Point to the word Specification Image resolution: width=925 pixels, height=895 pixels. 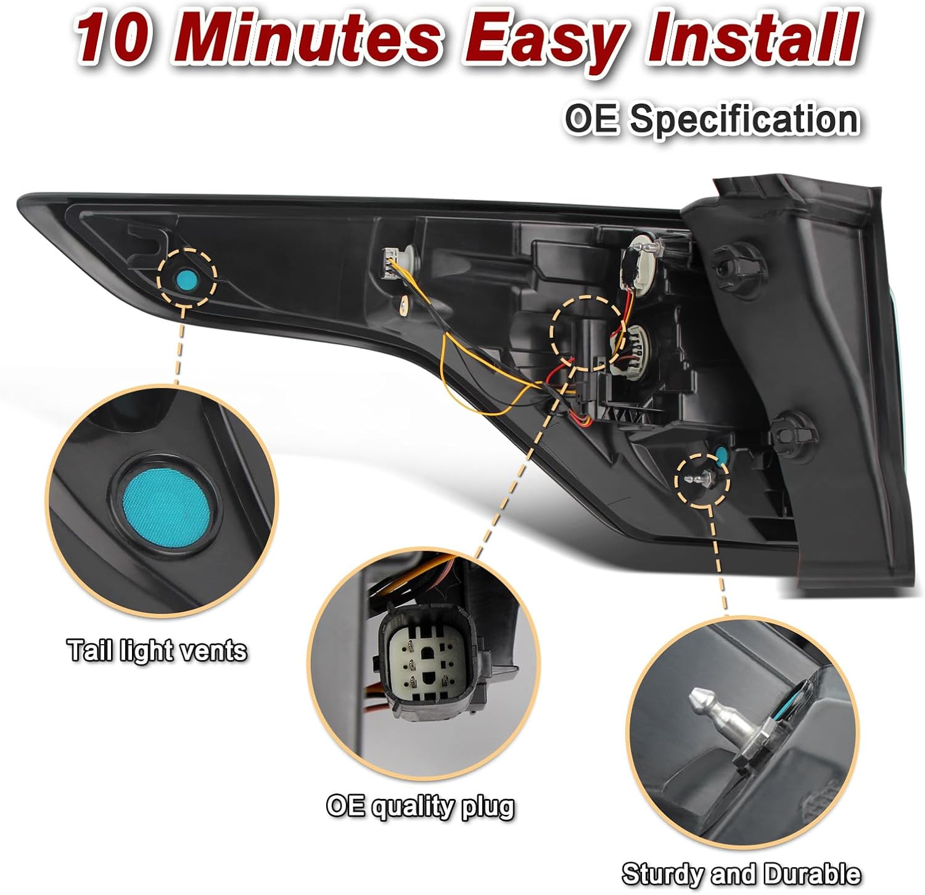[x=744, y=120]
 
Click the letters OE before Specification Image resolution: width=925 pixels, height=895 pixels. [x=593, y=118]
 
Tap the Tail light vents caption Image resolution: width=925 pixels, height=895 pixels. [x=157, y=651]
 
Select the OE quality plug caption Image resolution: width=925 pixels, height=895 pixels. [x=420, y=806]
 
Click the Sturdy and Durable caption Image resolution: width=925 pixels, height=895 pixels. [x=741, y=874]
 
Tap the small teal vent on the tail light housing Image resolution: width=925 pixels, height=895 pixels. [x=186, y=280]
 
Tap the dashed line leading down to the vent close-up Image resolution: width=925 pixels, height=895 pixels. [x=179, y=343]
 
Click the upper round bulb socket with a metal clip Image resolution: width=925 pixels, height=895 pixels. [x=641, y=266]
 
